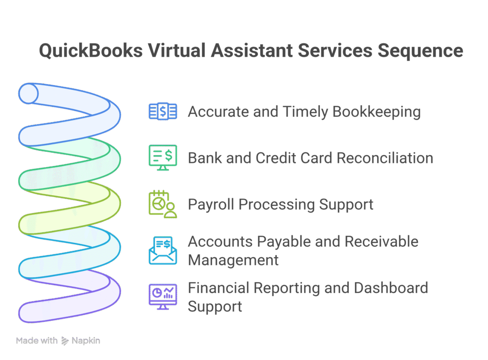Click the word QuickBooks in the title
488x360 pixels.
point(91,50)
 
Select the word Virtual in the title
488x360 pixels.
point(176,50)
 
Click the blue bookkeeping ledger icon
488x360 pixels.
point(163,111)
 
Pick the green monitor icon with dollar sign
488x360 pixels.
point(163,158)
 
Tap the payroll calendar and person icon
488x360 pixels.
point(163,204)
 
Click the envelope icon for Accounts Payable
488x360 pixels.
point(163,250)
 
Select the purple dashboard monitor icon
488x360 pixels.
point(163,297)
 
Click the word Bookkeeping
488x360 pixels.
point(376,112)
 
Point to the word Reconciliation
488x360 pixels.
point(385,158)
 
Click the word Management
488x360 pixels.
point(234,260)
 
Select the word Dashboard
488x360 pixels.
point(391,288)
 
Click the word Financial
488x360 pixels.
point(218,288)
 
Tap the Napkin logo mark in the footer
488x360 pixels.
point(65,341)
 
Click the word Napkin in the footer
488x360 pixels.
point(86,341)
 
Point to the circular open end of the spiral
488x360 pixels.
point(28,93)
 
